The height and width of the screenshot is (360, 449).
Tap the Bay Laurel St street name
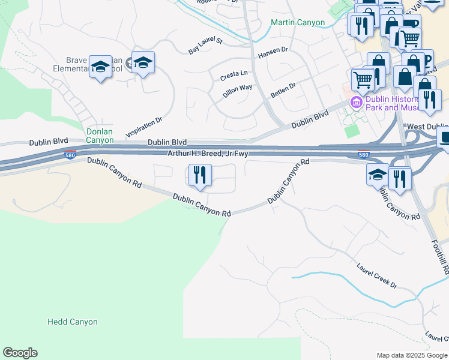pos(205,46)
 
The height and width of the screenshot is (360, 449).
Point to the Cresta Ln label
pos(234,76)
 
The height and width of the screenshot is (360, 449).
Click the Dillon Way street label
pos(237,91)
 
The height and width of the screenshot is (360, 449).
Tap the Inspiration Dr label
pos(144,127)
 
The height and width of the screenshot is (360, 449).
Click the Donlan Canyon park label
pos(100,136)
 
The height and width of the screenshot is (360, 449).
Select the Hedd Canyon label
pos(72,322)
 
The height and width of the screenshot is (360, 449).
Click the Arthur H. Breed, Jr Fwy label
pos(209,154)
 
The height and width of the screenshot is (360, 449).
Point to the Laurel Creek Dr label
pos(377,275)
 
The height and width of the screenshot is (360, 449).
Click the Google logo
pos(20,353)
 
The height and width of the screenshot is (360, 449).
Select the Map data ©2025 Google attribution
pos(412,355)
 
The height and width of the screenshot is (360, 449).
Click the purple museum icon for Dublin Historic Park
pos(356,103)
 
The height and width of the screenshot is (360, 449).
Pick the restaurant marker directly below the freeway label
pos(199,175)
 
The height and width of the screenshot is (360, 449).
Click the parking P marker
pos(427,59)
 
